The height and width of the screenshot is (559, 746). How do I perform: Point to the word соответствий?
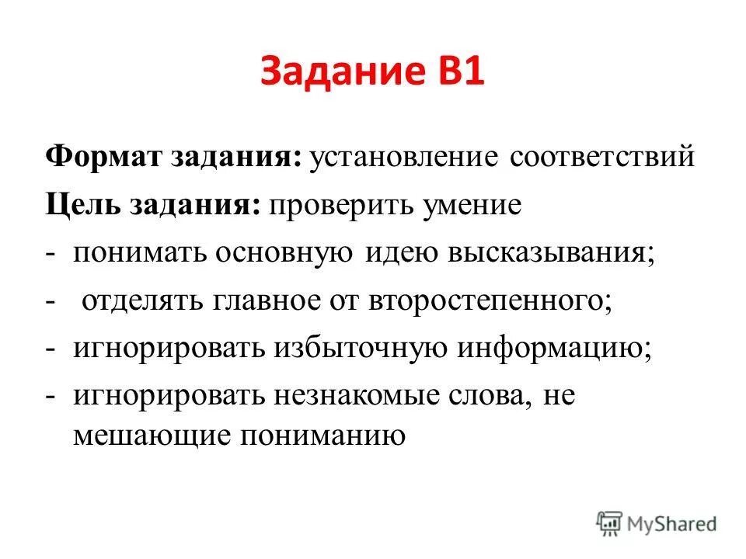[x=600, y=158]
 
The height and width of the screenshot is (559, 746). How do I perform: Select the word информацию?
[x=553, y=349]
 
